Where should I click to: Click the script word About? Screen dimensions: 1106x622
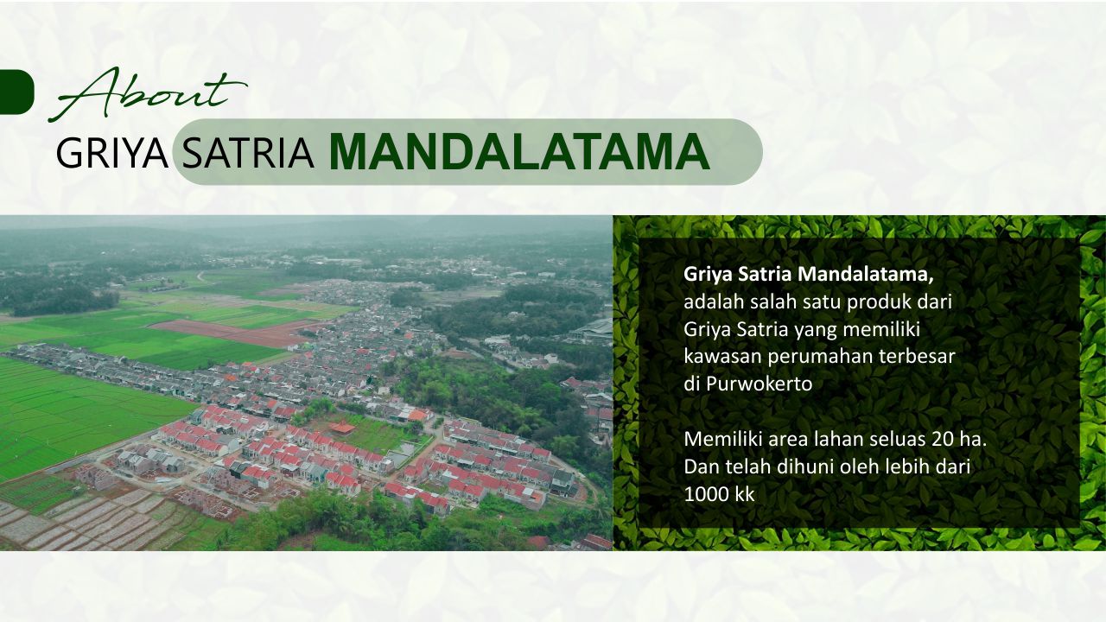point(148,94)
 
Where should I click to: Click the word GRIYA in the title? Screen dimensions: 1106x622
point(112,153)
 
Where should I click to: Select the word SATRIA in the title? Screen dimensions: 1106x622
point(247,153)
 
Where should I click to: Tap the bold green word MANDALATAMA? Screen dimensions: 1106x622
point(519,153)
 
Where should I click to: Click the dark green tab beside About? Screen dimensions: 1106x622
point(16,92)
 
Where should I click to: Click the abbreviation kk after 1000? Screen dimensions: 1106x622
point(745,493)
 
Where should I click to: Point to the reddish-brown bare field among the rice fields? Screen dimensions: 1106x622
point(232,331)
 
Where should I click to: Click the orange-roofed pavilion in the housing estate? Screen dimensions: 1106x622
point(343,428)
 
